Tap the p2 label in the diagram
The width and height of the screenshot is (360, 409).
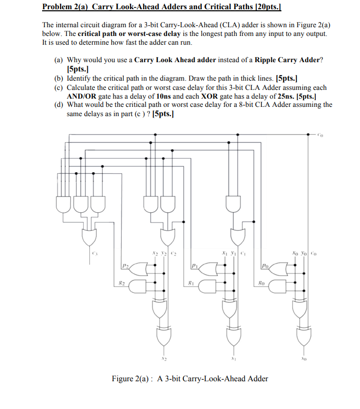[126, 266]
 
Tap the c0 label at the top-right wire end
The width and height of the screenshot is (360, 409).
[320, 136]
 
